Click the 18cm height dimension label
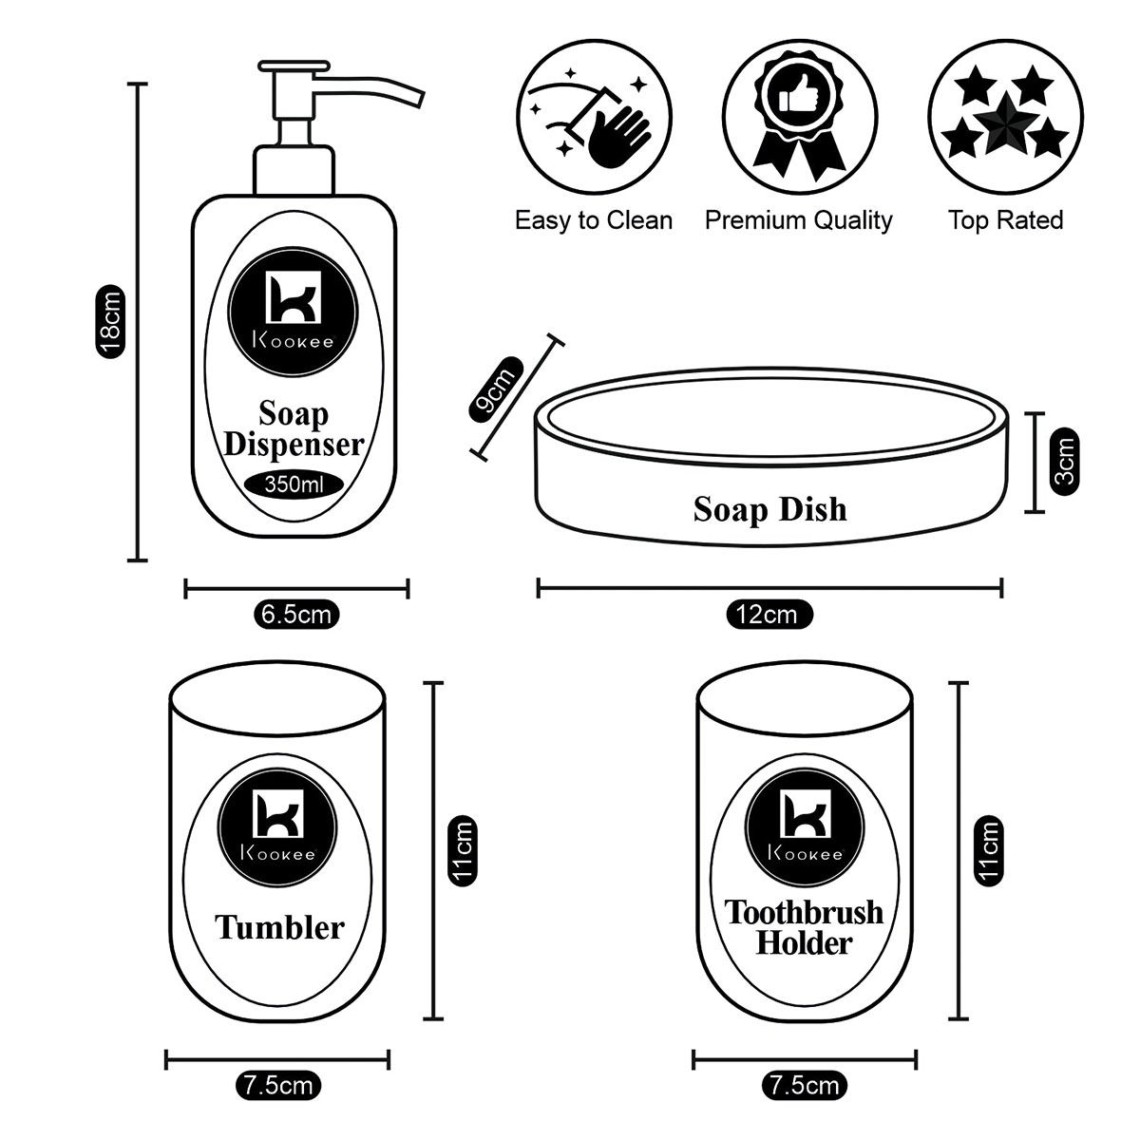[x=112, y=321]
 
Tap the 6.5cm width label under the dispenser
[x=296, y=615]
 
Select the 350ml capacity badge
[x=294, y=484]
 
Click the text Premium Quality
[x=798, y=220]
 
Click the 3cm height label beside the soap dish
[x=1065, y=460]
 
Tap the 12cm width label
[x=769, y=615]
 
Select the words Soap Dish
[x=769, y=509]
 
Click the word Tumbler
[x=279, y=926]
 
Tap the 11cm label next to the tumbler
[x=462, y=850]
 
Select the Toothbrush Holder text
[x=804, y=926]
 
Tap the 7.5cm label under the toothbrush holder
[x=804, y=1084]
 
